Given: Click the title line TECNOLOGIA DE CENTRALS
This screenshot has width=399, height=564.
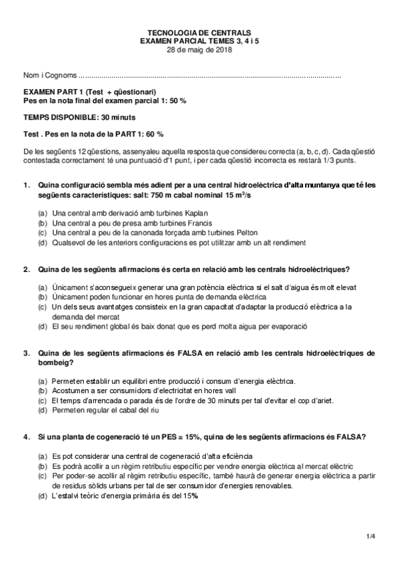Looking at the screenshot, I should tap(199, 32).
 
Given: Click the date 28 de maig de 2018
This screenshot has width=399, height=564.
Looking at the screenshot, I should tap(199, 49).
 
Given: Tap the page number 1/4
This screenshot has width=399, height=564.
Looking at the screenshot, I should tap(370, 536).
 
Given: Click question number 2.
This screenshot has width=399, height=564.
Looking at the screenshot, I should tap(27, 269).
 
